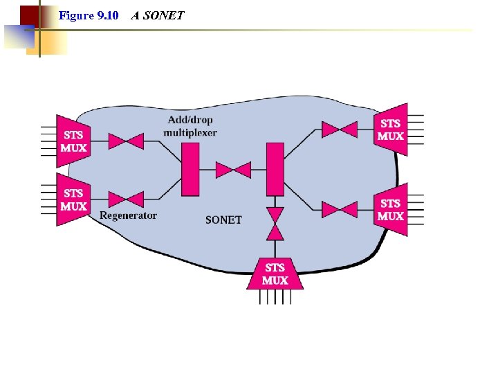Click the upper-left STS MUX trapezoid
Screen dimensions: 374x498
74,141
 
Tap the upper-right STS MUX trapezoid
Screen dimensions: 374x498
390,130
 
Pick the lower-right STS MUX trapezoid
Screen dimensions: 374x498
390,209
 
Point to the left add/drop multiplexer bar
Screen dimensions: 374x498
190,169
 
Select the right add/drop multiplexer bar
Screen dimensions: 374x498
275,169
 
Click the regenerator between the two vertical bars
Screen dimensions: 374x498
233,170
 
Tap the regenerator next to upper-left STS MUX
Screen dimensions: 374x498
126,141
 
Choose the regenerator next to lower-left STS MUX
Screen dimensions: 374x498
126,200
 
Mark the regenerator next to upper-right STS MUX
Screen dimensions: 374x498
340,129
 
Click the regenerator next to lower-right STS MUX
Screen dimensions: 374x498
340,209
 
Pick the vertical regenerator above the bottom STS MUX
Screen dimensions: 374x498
275,224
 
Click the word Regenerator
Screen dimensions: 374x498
128,215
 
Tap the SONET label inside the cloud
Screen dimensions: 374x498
223,220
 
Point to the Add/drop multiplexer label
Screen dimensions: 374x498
191,126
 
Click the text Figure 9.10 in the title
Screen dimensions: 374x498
89,15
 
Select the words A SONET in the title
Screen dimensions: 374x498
158,15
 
